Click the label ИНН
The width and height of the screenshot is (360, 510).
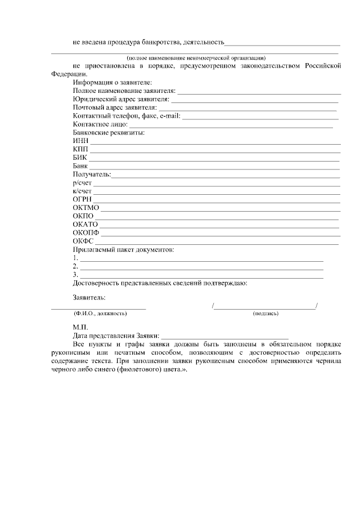tap(80, 141)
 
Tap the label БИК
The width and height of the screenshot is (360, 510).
tap(80, 158)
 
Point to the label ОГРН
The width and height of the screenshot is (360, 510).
tap(82, 199)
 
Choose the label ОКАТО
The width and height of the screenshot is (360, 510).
tap(85, 224)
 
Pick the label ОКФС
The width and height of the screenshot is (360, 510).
tap(83, 241)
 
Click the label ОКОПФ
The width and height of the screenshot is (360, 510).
tap(85, 232)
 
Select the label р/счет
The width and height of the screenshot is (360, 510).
tap(82, 183)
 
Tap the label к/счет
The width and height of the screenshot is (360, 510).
tap(82, 191)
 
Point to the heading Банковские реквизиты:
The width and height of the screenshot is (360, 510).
tap(109, 133)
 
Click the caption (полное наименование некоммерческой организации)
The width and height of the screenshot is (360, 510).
tap(196, 59)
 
